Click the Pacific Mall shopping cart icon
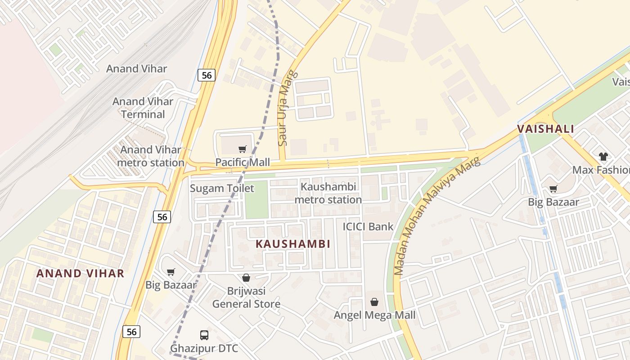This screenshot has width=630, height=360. click(243, 149)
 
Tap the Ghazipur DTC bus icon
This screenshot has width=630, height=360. click(204, 335)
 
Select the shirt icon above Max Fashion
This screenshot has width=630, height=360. click(603, 157)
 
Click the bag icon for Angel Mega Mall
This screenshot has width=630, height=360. click(374, 302)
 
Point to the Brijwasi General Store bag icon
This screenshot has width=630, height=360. click(246, 278)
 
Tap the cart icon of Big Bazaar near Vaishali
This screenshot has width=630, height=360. click(553, 189)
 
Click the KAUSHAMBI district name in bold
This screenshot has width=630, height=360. click(293, 244)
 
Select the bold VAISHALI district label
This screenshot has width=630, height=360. click(545, 129)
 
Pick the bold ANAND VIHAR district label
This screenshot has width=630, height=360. click(80, 273)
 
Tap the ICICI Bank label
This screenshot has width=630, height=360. click(368, 226)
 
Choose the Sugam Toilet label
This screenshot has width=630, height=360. click(222, 188)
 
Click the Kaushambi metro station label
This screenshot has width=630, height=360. click(328, 193)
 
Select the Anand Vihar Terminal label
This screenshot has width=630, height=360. click(143, 108)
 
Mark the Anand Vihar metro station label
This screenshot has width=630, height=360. click(151, 156)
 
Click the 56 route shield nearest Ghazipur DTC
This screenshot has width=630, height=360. click(131, 332)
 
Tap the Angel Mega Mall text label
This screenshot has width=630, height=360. click(374, 315)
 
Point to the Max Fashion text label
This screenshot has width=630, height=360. click(600, 170)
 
